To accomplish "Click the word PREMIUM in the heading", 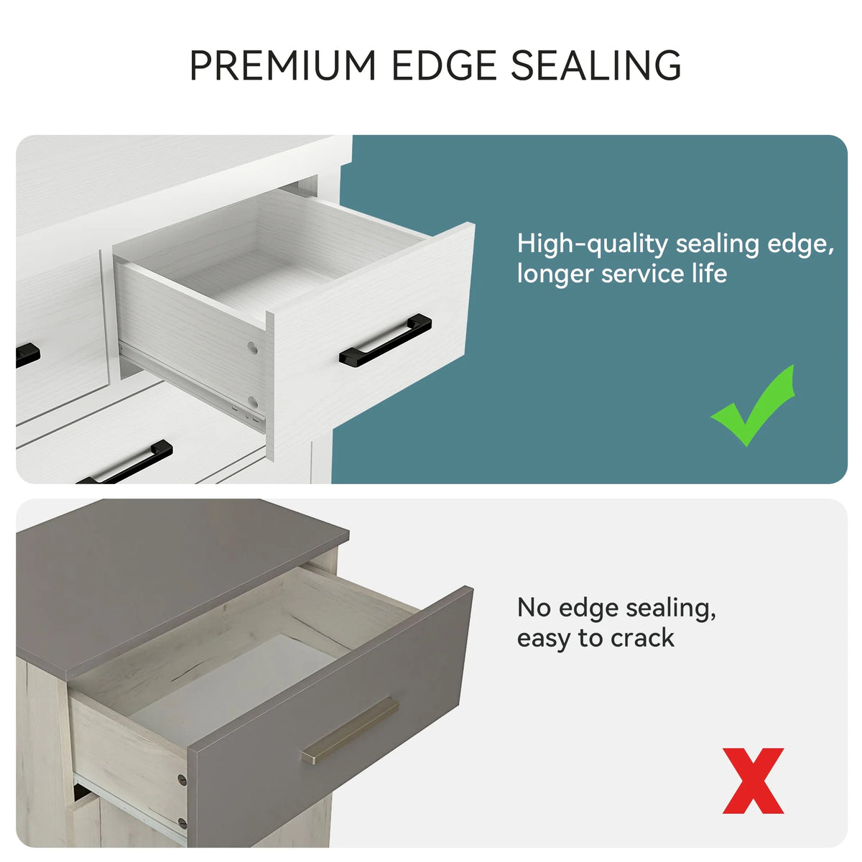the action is tap(282, 65).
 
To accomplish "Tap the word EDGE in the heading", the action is tap(445, 65).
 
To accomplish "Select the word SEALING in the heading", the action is tap(595, 65).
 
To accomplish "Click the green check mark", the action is tap(753, 405).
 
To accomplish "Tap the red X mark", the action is tap(754, 781).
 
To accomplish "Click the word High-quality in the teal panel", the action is tap(592, 245).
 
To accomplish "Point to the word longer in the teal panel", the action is tap(555, 274).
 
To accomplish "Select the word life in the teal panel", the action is tap(710, 273).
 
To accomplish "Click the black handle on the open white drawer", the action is tap(386, 340).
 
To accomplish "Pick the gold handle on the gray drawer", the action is tap(350, 731).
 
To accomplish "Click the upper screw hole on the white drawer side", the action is tap(253, 348).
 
